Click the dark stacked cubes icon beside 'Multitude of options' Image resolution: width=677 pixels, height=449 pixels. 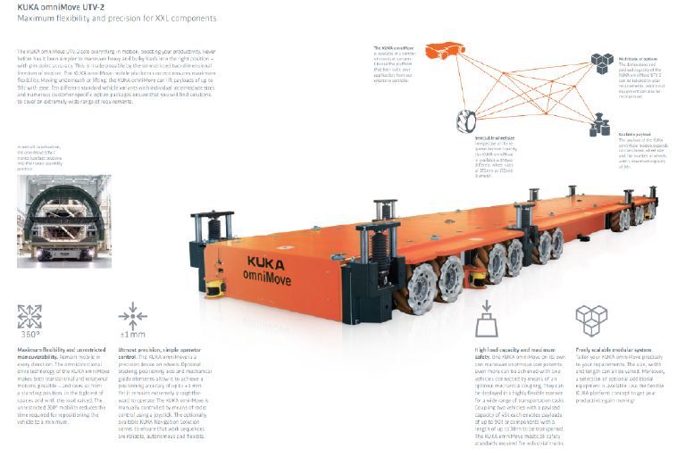coord(599,62)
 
